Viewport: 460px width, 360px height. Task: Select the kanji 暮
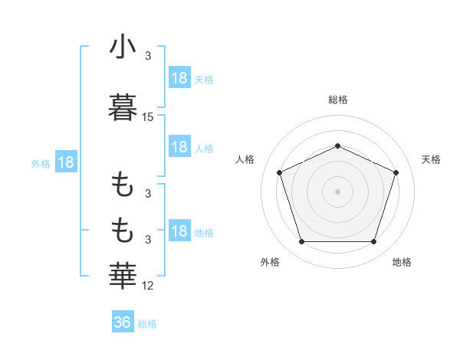(123, 107)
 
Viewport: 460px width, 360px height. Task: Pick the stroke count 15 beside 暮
(148, 117)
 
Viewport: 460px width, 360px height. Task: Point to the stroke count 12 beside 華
(148, 286)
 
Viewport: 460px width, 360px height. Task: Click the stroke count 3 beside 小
(148, 56)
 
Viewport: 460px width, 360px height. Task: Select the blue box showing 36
(123, 322)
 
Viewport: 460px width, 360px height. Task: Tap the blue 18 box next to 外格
(65, 162)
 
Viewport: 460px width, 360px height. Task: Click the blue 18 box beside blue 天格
(179, 78)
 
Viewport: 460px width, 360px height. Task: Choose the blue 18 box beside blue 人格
(179, 147)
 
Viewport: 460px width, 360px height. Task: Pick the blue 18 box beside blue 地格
(179, 231)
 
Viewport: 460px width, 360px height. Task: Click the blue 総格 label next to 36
(147, 324)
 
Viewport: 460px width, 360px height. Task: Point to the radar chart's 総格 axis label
(337, 100)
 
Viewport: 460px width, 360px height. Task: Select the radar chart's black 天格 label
(431, 159)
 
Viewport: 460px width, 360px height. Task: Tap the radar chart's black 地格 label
(402, 262)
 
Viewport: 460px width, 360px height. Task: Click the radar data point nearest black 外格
(301, 242)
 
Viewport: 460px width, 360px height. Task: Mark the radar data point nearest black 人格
(279, 172)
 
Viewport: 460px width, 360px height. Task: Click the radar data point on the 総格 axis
(337, 146)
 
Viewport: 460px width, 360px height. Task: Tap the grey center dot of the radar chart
(337, 191)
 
